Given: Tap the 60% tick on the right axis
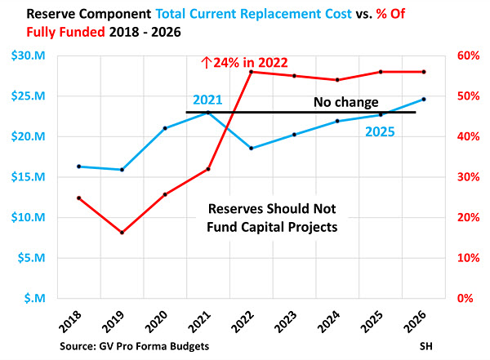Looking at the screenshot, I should click(x=463, y=56).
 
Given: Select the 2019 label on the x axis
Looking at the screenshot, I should click(x=112, y=321).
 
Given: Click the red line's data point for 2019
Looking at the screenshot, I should click(x=122, y=233).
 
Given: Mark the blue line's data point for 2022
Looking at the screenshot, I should click(x=251, y=149).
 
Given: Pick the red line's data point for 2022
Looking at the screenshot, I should click(x=251, y=72).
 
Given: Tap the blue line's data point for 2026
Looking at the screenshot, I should click(x=423, y=99).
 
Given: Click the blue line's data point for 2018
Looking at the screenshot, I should click(x=78, y=167).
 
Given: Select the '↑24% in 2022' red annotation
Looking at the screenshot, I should click(x=256, y=60).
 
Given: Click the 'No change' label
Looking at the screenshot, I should click(x=346, y=103).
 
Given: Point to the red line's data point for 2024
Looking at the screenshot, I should click(x=337, y=80).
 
